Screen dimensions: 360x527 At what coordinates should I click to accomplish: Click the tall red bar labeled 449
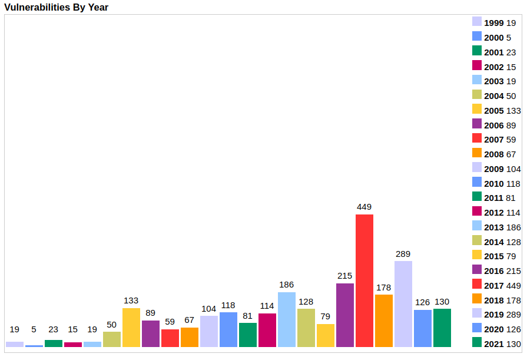(364, 280)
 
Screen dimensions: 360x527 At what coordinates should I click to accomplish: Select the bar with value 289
(403, 304)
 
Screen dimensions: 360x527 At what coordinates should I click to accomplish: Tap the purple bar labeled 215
(345, 315)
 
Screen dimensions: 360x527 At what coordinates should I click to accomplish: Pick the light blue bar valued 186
(287, 319)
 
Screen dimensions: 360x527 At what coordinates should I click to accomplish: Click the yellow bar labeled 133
(131, 328)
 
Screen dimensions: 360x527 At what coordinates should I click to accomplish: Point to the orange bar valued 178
(384, 321)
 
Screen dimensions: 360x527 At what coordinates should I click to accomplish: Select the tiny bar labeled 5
(34, 346)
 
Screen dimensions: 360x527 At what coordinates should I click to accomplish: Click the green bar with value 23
(54, 344)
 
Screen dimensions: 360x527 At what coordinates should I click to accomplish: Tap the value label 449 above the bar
(364, 207)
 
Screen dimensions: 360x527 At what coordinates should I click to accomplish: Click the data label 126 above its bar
(423, 302)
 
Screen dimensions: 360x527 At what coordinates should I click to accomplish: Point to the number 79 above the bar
(326, 316)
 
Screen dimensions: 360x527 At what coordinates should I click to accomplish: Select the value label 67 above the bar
(190, 320)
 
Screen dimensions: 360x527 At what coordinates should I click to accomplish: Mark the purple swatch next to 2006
(477, 124)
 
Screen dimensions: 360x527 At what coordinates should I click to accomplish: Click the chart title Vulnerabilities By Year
(57, 7)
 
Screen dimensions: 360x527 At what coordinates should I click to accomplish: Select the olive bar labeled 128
(306, 328)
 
